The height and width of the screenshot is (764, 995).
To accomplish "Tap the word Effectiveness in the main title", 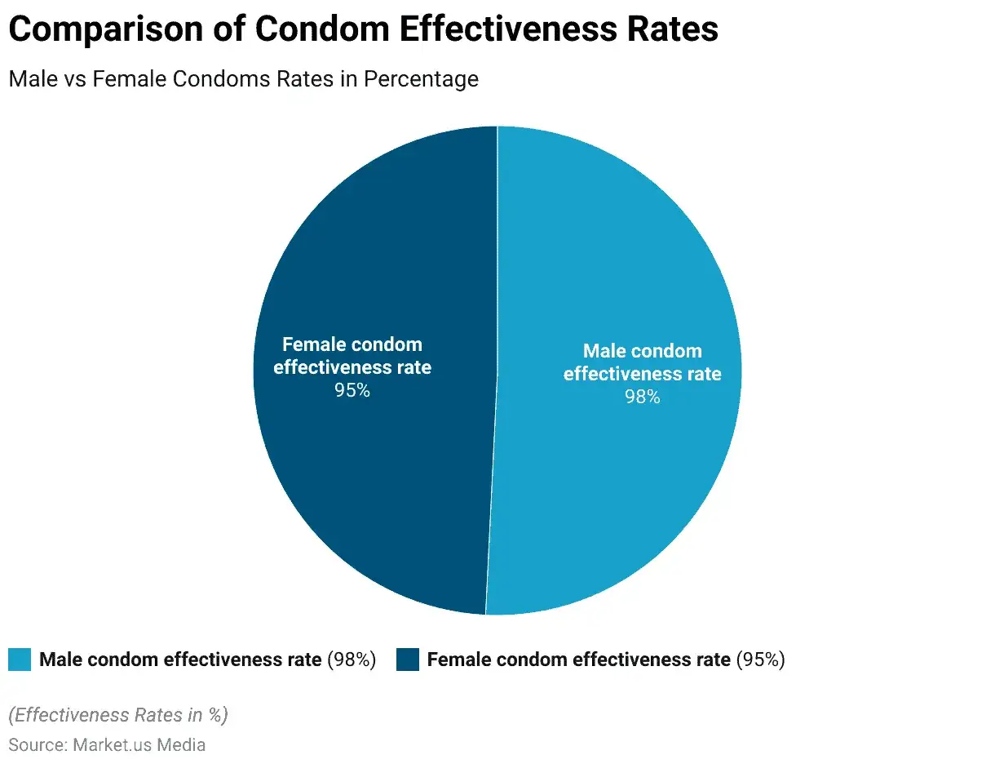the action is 508,29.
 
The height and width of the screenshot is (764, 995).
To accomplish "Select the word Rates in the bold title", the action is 673,29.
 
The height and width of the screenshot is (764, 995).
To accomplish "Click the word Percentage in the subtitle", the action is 421,80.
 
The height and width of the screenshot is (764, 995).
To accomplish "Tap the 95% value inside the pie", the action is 352,390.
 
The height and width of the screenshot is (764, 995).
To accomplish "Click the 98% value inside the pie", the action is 643,397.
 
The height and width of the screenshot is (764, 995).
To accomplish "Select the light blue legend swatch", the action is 20,660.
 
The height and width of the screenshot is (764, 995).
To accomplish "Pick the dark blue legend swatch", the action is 408,660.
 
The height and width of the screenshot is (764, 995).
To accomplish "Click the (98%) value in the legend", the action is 352,660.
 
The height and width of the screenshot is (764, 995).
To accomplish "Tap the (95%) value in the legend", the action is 761,660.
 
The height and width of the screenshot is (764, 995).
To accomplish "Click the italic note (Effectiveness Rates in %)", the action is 118,715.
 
